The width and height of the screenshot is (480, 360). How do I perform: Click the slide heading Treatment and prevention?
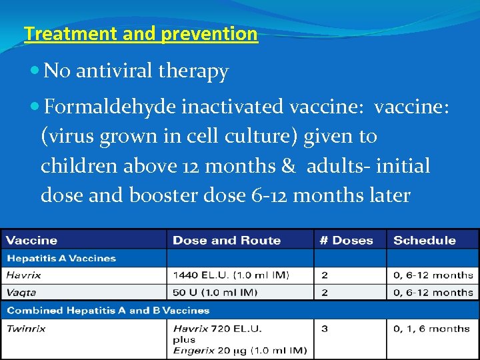pos(140,34)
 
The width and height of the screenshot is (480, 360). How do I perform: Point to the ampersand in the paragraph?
pos(288,165)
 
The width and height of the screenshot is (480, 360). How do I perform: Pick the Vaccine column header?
pos(32,240)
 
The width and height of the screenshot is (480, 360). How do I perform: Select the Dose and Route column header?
pos(227,240)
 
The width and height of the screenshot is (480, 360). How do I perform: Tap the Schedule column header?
pos(425,240)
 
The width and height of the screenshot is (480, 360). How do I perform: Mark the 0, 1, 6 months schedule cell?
pos(431,328)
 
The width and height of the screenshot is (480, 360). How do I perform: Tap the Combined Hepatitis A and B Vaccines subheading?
pos(108,310)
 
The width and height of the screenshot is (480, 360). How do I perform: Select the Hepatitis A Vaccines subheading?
pos(61,258)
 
